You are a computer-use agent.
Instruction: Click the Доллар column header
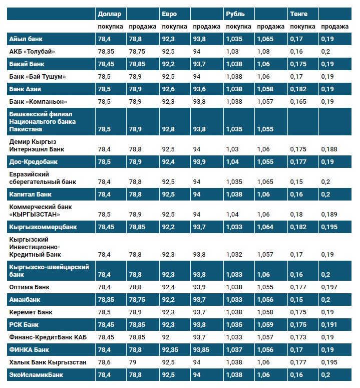(x=110, y=14)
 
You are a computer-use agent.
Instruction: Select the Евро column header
(x=169, y=14)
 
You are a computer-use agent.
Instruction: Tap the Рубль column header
(x=235, y=14)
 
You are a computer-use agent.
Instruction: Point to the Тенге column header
(x=299, y=14)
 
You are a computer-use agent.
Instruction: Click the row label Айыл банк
(x=25, y=39)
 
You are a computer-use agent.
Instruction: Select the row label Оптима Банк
(x=30, y=287)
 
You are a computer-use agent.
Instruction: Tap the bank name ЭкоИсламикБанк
(x=36, y=374)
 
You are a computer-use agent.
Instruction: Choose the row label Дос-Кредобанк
(x=34, y=162)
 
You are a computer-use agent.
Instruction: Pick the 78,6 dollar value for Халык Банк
(x=105, y=361)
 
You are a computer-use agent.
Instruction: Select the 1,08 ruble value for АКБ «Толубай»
(x=264, y=51)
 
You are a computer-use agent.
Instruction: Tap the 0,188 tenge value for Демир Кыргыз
(x=329, y=149)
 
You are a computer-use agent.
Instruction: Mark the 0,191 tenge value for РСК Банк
(x=329, y=324)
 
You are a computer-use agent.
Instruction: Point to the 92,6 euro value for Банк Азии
(x=169, y=89)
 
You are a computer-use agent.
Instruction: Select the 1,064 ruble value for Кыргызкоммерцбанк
(x=265, y=227)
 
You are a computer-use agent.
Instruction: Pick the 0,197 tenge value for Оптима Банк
(x=329, y=287)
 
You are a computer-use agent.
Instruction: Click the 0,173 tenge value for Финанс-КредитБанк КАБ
(x=299, y=337)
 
